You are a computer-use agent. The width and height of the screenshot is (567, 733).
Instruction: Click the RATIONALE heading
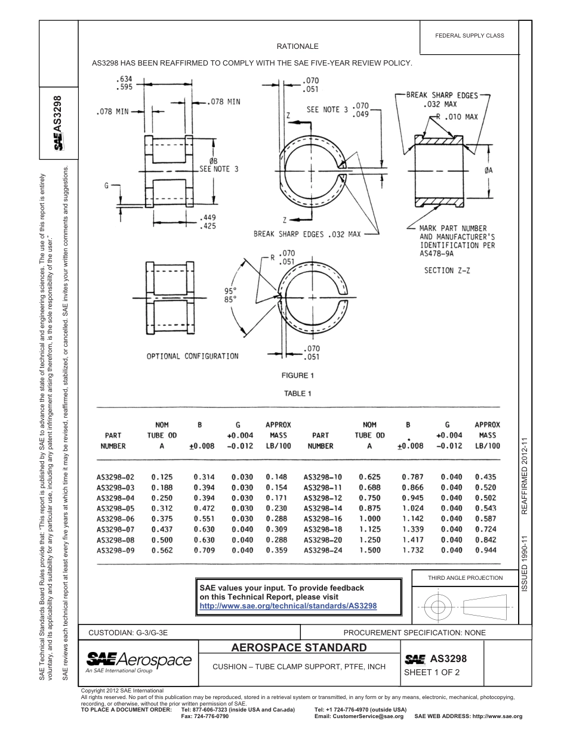(x=297, y=46)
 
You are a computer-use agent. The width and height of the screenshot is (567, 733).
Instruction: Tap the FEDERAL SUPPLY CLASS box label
(x=470, y=35)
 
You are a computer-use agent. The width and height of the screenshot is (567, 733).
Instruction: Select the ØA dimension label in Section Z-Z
(x=489, y=170)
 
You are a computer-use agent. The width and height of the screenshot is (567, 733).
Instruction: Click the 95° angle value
(x=230, y=291)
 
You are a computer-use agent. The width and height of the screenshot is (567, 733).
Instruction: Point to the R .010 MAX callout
(x=457, y=117)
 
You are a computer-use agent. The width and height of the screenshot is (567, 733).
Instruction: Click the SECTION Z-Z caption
(x=447, y=271)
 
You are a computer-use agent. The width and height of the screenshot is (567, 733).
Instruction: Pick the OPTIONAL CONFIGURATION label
(x=192, y=356)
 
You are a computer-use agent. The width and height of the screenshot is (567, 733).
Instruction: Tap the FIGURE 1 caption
(x=297, y=375)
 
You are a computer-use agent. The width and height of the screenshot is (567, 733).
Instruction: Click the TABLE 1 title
(x=297, y=393)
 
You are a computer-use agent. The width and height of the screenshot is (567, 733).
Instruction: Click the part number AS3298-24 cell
(x=323, y=550)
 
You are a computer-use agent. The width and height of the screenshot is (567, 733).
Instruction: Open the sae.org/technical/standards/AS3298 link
(x=288, y=605)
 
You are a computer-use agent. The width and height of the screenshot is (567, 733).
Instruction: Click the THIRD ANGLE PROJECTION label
(x=465, y=577)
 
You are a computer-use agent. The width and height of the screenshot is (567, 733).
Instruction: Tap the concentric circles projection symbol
(x=439, y=607)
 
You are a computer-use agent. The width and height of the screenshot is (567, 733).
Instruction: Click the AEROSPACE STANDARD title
(x=299, y=648)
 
